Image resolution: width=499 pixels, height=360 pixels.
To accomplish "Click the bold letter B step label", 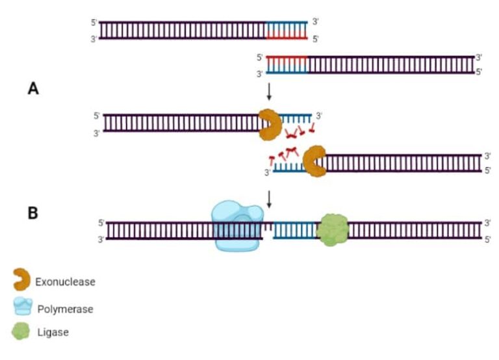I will click(32, 212).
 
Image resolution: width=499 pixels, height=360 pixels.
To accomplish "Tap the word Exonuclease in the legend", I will click(65, 282).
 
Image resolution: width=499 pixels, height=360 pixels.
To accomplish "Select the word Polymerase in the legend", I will click(65, 309).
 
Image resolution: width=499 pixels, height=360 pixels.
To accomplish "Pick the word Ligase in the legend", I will click(53, 332).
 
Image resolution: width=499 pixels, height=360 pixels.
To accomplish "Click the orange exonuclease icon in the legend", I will click(21, 280).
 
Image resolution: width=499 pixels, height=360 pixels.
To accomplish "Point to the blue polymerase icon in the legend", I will click(22, 307).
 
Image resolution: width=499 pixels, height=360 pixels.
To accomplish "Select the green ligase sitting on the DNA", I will click(332, 230).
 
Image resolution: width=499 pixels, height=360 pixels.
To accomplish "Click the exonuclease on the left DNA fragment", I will click(269, 124).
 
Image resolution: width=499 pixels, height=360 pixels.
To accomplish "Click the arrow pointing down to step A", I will click(269, 91).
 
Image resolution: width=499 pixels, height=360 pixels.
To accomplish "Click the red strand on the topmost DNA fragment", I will click(287, 38).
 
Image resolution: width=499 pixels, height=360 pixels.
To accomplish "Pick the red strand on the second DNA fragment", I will click(286, 57).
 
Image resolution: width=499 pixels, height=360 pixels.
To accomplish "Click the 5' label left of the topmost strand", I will click(94, 21).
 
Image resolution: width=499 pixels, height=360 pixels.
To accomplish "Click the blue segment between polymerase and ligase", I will click(292, 231).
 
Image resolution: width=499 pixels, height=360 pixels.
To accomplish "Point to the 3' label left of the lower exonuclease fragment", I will click(266, 173).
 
